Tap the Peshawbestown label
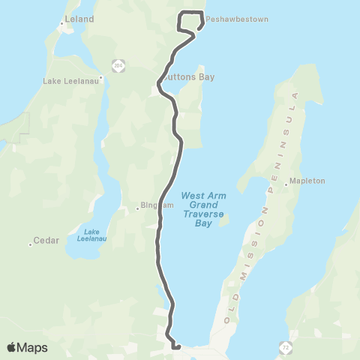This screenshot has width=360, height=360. pos(237,19)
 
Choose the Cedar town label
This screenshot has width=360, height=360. pos(44,242)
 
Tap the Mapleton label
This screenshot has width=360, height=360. pos(308,181)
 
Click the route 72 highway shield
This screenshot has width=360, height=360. pos(286,346)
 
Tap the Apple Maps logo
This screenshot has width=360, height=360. pos(27,347)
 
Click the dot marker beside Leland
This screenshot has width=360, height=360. pos(61,23)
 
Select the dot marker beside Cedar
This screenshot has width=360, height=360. pos(31,243)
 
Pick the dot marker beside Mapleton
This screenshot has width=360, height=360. pos(286,181)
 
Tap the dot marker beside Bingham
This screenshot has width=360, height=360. pos(138,208)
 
